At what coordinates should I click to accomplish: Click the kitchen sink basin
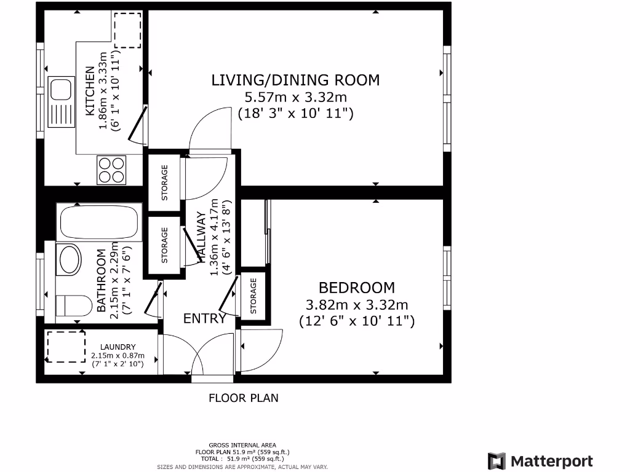tap(61, 89)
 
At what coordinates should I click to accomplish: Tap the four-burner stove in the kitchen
tap(111, 170)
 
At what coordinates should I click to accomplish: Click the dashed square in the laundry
tap(66, 347)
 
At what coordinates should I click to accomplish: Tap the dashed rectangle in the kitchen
tap(128, 30)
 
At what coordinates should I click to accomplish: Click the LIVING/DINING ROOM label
tap(295, 81)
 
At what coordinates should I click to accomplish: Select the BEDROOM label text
tap(357, 288)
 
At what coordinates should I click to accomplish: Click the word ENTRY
tap(204, 319)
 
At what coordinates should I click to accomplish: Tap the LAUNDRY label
tap(118, 347)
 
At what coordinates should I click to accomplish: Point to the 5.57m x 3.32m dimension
tap(296, 97)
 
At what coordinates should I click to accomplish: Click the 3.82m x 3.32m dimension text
tap(357, 305)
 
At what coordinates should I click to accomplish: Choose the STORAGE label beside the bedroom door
tap(253, 296)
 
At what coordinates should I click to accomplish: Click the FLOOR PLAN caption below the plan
tap(244, 398)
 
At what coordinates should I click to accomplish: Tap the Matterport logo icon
tap(496, 461)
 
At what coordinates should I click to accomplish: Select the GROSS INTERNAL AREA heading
tap(242, 445)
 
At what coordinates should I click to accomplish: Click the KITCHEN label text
tap(90, 91)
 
